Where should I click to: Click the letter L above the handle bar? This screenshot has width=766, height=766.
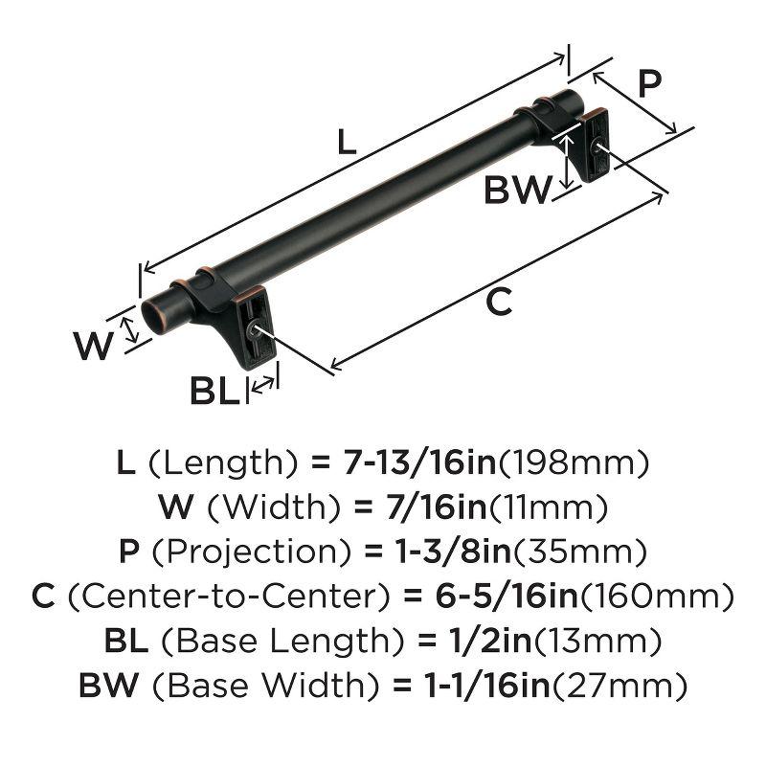click(x=347, y=143)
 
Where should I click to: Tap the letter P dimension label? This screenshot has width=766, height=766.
click(x=649, y=85)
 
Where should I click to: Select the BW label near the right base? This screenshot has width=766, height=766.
click(x=516, y=191)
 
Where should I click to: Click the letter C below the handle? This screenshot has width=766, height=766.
click(x=499, y=302)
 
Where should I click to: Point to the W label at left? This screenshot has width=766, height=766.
click(x=94, y=346)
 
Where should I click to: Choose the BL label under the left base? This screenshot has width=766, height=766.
click(x=214, y=391)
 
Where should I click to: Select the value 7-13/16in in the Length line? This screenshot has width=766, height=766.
click(x=417, y=463)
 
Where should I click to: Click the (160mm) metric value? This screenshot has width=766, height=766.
click(x=658, y=597)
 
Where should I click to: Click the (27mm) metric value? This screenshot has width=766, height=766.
click(x=625, y=685)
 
